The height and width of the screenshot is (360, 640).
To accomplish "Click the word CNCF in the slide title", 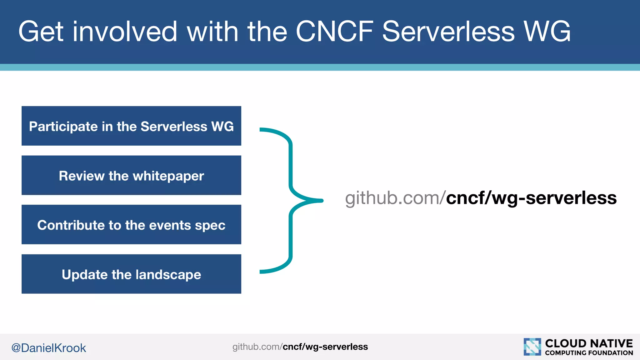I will [334, 31].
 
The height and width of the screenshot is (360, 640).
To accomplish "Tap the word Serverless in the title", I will [448, 31].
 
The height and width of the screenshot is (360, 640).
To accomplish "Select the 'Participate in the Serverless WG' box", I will [131, 126].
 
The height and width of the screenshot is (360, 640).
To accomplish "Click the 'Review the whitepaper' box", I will [131, 175].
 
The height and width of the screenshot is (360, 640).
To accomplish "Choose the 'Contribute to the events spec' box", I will [131, 225].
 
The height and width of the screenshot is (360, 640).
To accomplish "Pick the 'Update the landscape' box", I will [131, 274].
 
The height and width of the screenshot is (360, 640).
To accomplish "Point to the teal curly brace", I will [291, 200].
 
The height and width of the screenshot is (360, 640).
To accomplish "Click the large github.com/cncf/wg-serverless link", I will [481, 198].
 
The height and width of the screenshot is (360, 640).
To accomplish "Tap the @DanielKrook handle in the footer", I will [48, 348].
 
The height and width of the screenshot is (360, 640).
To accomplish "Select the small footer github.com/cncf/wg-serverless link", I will [300, 347].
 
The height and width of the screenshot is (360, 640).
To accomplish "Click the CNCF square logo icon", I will [532, 347].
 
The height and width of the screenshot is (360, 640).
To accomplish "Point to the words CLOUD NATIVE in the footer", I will [589, 343].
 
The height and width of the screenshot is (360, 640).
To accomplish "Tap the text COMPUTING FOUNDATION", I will [589, 353].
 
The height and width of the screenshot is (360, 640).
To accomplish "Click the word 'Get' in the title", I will [41, 31].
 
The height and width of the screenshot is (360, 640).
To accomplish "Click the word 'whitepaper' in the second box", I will [168, 176].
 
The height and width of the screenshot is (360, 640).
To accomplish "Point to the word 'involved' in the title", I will [125, 31].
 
